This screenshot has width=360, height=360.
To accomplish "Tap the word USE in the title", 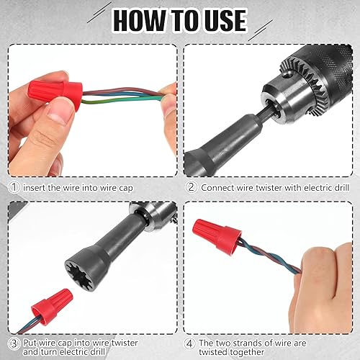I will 235,20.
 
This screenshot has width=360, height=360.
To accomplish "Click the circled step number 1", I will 14,187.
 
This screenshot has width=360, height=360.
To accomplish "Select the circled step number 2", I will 190,187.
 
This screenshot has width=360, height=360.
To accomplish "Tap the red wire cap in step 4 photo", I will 220,232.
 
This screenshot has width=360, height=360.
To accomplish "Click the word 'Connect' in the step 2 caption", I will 220,187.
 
